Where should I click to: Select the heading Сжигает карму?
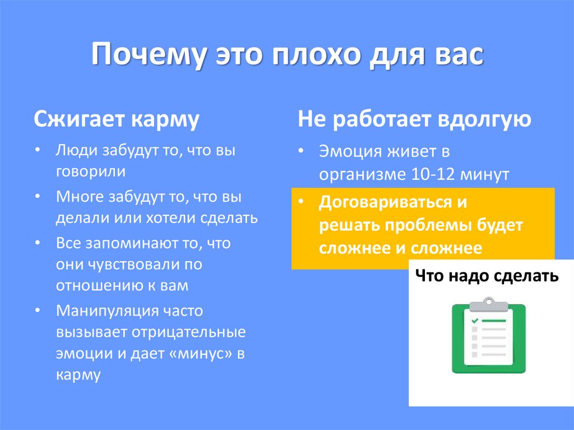[x=117, y=120]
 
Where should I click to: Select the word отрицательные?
[x=189, y=331]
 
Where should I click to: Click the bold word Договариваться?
[x=385, y=202]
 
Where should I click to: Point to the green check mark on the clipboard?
[x=474, y=321]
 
